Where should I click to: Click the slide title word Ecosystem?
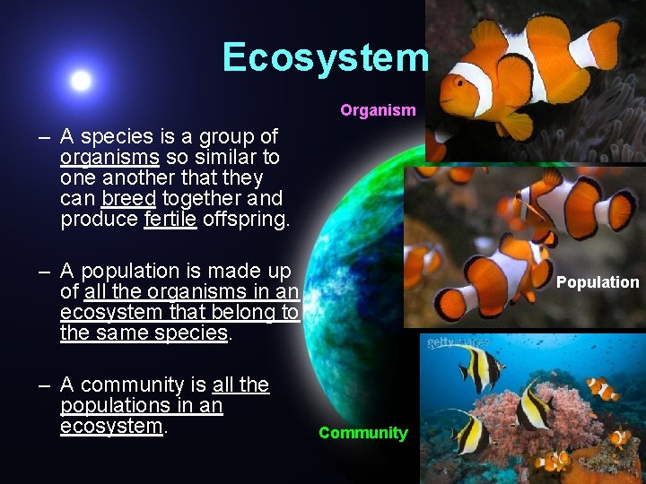(326, 57)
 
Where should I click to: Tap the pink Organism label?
(378, 111)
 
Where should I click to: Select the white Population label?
(598, 282)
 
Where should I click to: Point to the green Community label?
(362, 433)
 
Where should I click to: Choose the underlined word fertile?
(170, 220)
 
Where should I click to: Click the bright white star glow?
(81, 81)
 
